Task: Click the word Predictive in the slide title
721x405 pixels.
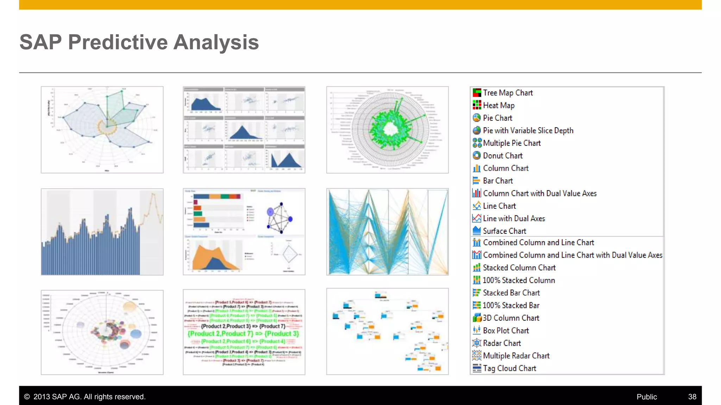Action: (118, 42)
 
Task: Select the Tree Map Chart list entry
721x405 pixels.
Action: (507, 93)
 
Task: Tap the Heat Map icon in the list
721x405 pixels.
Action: (477, 105)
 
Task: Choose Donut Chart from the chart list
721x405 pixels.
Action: (502, 156)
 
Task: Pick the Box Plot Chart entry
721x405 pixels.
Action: (506, 330)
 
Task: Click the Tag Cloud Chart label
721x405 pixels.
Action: (509, 368)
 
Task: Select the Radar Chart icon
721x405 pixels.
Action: (477, 343)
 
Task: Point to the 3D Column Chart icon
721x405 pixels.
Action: (477, 318)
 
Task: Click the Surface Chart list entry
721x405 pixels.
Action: (504, 231)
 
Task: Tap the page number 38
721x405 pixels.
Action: (692, 397)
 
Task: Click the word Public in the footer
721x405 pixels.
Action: (646, 397)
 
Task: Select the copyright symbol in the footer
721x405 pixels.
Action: (27, 397)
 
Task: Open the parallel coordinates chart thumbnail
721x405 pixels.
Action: (387, 232)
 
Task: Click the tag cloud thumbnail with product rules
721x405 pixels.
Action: (244, 332)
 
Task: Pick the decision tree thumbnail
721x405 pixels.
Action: (387, 331)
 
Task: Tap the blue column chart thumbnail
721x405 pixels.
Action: (102, 232)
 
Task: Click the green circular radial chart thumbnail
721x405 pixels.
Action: (387, 130)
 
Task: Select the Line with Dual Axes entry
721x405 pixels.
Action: (514, 218)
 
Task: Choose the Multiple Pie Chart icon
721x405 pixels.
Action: (477, 143)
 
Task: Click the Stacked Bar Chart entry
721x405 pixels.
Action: (511, 293)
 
